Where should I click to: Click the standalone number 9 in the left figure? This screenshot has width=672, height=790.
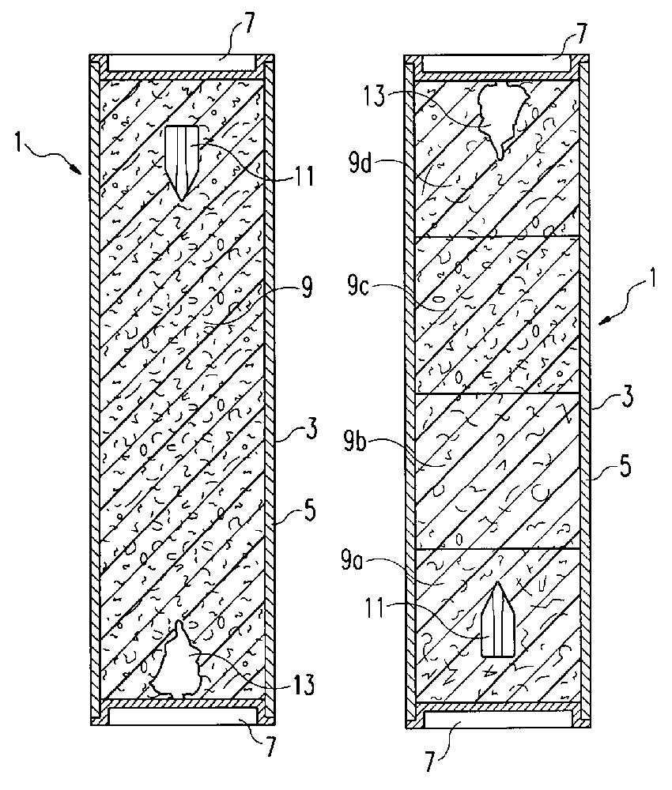[x=306, y=290]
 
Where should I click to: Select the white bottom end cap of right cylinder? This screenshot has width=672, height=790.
[x=498, y=720]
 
